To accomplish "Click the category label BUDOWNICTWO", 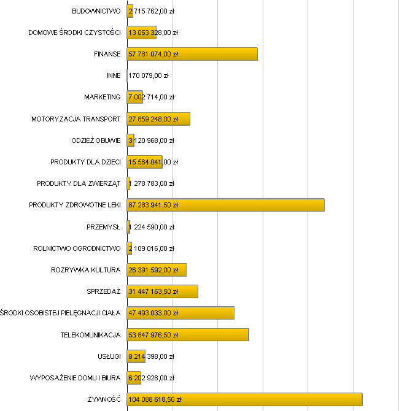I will coord(96,11).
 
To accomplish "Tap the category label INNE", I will coord(114,75).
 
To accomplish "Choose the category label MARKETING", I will coord(103,97).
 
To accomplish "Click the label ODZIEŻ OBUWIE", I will coord(96,140).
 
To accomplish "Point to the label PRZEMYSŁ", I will coord(104,227).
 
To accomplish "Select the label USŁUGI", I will coord(109,356).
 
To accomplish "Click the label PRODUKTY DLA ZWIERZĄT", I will coord(79,183).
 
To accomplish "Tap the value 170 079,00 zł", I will coord(149,75).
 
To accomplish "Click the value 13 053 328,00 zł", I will coord(153,33).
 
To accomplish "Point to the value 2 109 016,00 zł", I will coord(151,248).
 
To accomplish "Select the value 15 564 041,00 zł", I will coord(153,162).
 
